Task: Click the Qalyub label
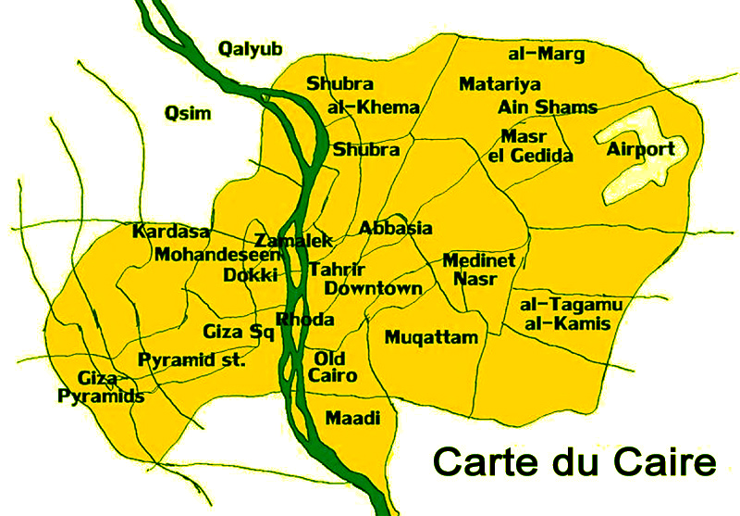pos(249,49)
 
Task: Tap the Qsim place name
pos(188,113)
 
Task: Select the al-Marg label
pos(547,55)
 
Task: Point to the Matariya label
pos(499,84)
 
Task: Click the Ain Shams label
pos(548,107)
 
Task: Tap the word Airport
pos(641,149)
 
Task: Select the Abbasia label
pos(395,228)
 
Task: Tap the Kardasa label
pos(171,232)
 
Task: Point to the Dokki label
pos(251,275)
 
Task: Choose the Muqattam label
pos(432,337)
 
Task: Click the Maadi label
pos(352,419)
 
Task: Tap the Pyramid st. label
pos(191,359)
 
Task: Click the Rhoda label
pos(304,320)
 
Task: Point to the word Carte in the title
pos(482,460)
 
